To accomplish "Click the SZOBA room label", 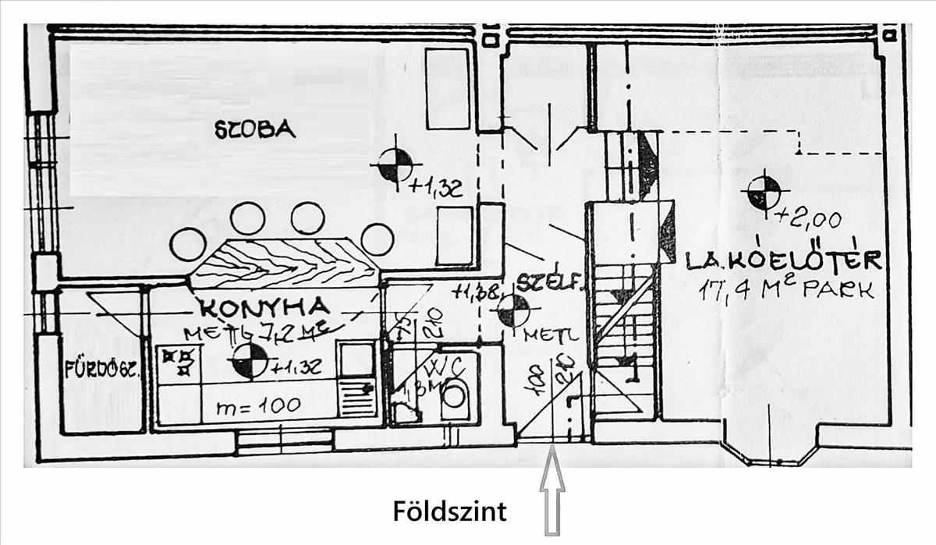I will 255,129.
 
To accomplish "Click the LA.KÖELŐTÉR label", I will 783,260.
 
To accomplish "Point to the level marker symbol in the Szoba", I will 395,164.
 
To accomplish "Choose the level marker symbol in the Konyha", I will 250,362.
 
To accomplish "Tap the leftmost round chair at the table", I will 188,244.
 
